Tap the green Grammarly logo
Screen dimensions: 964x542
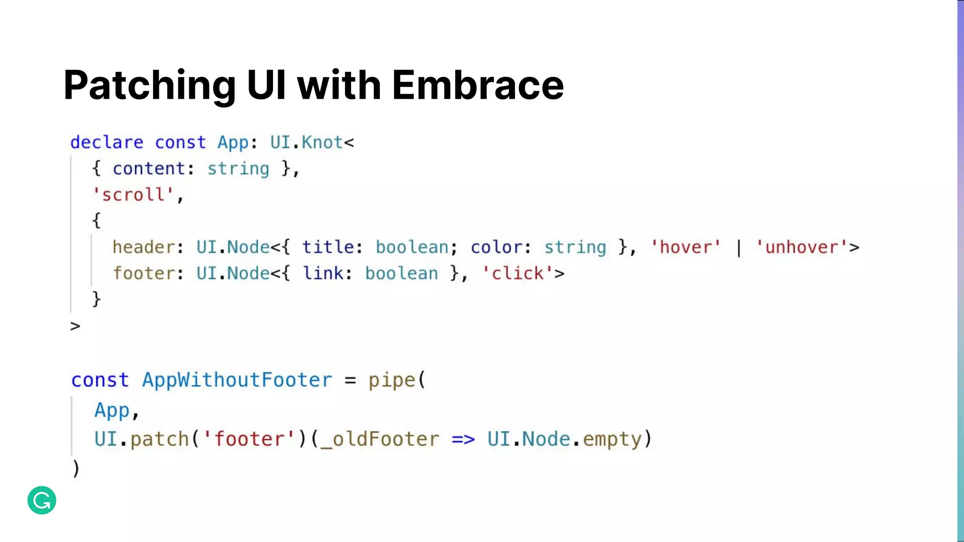pos(42,500)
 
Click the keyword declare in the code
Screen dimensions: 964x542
pos(107,143)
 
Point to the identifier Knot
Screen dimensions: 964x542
pos(322,143)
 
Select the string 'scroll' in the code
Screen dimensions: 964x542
pos(133,195)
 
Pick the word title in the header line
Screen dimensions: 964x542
pos(329,247)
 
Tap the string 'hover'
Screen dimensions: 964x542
pos(686,247)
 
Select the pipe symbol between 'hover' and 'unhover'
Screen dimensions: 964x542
pos(739,248)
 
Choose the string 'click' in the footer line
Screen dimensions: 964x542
pos(518,274)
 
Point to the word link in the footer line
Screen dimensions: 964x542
pos(323,274)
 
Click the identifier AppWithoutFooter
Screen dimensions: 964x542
pos(237,380)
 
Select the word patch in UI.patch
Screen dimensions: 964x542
pos(159,440)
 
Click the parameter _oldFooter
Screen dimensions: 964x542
pos(379,440)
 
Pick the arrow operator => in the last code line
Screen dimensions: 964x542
pos(463,440)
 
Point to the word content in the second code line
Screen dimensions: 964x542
pos(149,169)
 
